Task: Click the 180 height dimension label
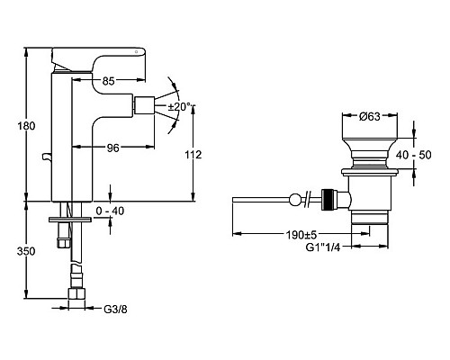[26, 126]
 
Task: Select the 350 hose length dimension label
[26, 251]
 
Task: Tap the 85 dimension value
[108, 81]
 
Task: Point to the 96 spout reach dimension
[113, 148]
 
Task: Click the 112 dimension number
[193, 155]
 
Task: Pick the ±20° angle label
[179, 106]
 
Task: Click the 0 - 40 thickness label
[110, 211]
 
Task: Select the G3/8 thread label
[115, 310]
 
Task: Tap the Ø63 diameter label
[370, 116]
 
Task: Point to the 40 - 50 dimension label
[413, 155]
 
